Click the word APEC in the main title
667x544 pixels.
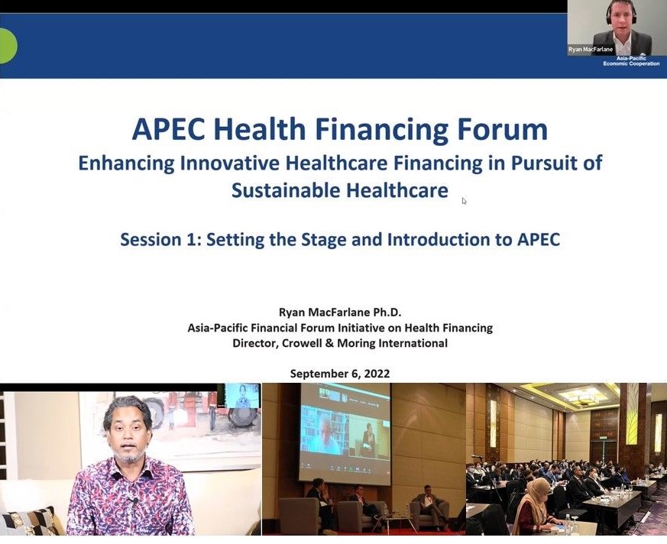point(168,129)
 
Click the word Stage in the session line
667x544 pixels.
point(323,240)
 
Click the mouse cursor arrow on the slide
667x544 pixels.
point(464,201)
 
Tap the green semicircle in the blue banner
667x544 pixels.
point(8,46)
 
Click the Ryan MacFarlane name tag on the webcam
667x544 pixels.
point(591,50)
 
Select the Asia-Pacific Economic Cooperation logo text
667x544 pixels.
point(631,61)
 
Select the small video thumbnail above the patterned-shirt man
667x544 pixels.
point(242,396)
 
